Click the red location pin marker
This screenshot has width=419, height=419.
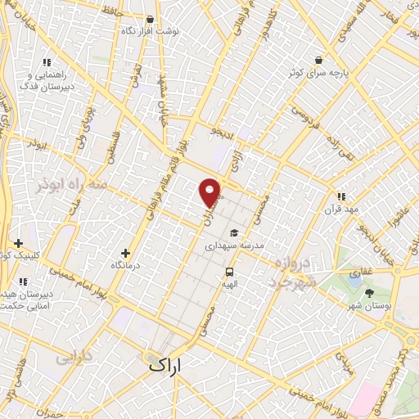210,191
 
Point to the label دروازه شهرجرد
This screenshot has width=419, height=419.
291,272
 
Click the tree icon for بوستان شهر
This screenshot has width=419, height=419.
369,292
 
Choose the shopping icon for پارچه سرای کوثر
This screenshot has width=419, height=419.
318,60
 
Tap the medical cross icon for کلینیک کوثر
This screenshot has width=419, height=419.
18,243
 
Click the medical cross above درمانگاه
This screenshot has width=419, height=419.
124,253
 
